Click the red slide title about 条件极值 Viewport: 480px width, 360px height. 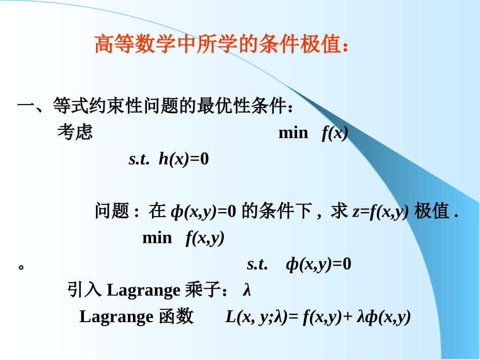tap(221, 44)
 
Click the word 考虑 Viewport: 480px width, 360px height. tap(75, 132)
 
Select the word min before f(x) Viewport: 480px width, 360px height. tap(293, 133)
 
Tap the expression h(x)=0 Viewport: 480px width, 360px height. tap(183, 160)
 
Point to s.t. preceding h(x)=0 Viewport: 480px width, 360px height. tap(139, 160)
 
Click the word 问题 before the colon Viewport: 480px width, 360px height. tap(112, 212)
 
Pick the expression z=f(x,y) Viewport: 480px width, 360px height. tap(380, 212)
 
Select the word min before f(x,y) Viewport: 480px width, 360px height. tap(157, 238)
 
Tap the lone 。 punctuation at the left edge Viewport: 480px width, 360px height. tap(21, 265)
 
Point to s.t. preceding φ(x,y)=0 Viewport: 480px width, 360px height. tap(257, 264)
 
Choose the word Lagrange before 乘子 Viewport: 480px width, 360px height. tap(144, 291)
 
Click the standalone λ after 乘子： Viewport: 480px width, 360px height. tap(247, 291)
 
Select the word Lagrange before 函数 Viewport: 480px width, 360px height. tap(116, 317)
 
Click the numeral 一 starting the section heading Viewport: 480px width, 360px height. tap(26, 107)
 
